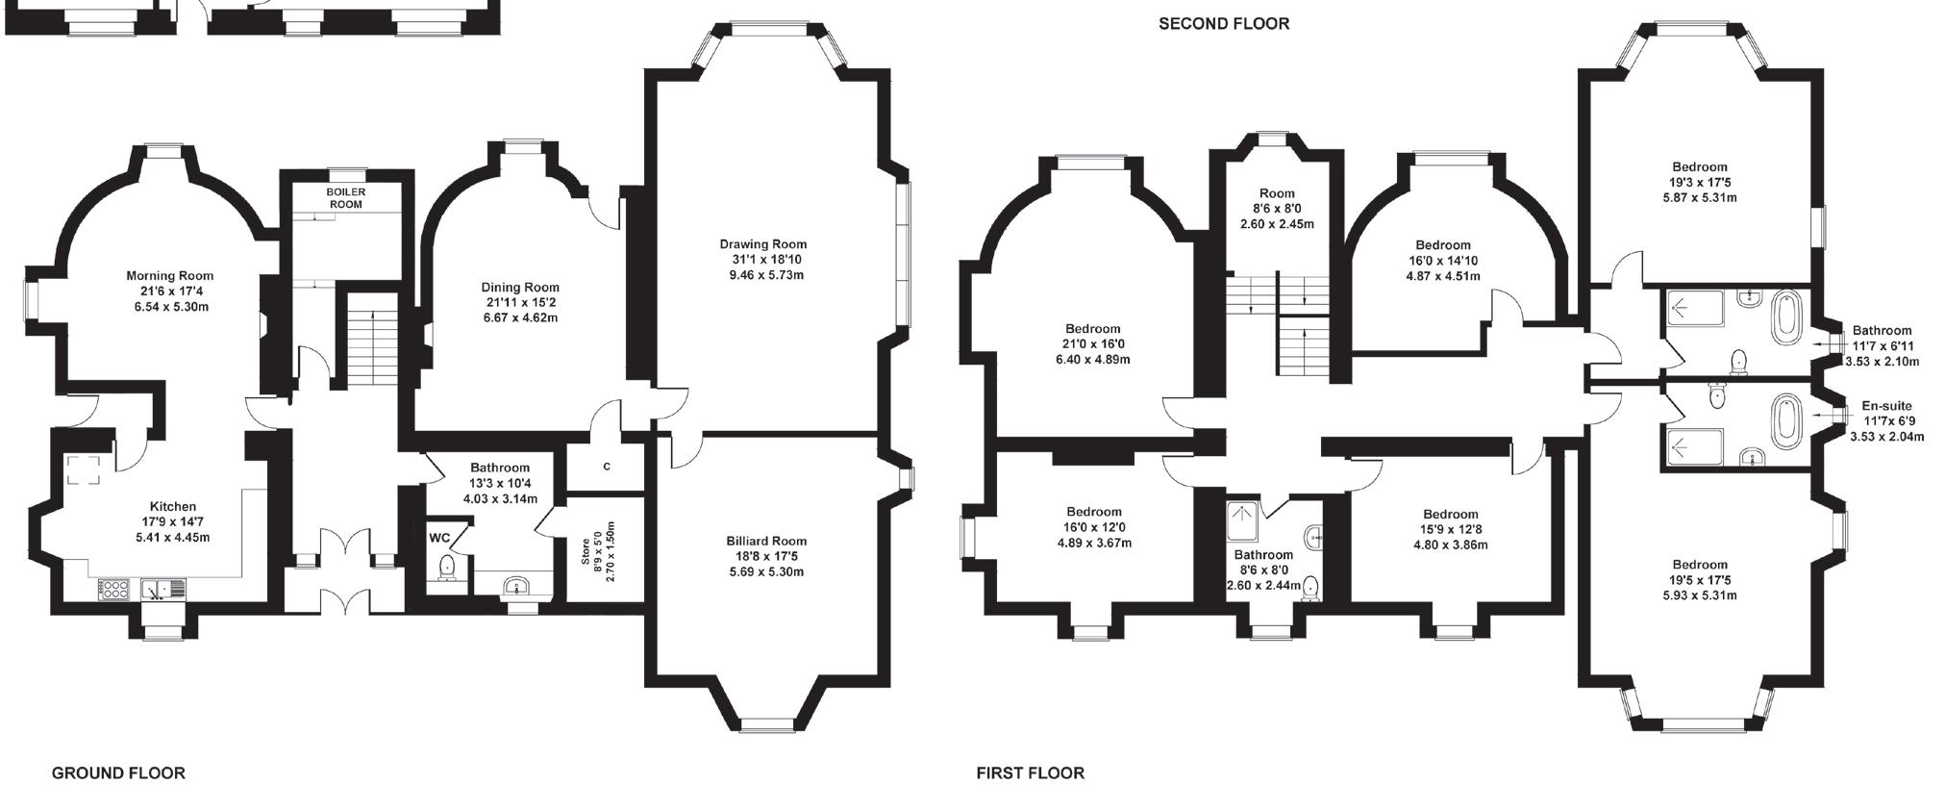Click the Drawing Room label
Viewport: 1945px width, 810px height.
tap(763, 244)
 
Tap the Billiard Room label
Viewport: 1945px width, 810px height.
tap(766, 541)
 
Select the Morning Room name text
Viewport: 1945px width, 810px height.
tap(170, 276)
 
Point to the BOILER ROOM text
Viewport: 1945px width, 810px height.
tap(346, 198)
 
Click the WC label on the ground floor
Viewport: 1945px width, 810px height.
tap(439, 537)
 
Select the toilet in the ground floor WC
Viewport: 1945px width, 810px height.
tap(446, 569)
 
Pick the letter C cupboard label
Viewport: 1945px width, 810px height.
tap(607, 467)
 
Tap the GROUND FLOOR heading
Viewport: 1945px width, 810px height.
tap(118, 772)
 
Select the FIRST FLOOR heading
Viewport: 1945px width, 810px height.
tap(1031, 772)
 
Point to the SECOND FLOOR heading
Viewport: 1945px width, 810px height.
tap(1224, 23)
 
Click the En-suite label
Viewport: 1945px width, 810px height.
tap(1887, 406)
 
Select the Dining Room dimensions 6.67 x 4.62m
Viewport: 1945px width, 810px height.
tap(520, 317)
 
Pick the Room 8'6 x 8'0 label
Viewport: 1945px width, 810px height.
tap(1277, 208)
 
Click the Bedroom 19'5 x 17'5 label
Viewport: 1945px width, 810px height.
tap(1700, 580)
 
